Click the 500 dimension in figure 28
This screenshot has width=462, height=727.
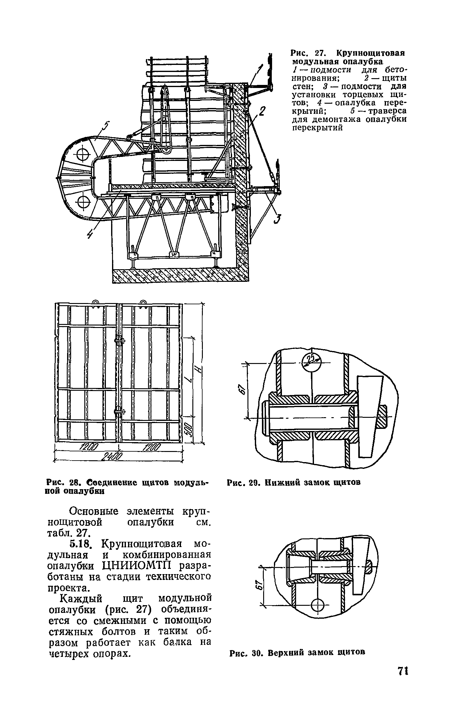tap(189, 429)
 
